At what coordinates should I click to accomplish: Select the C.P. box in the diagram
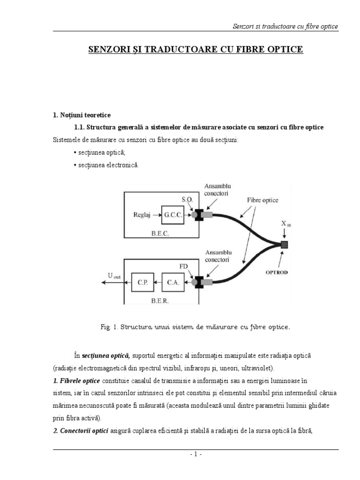tap(143, 282)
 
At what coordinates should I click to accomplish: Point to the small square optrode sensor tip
tap(284, 245)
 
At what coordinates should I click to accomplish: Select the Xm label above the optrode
tap(285, 224)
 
